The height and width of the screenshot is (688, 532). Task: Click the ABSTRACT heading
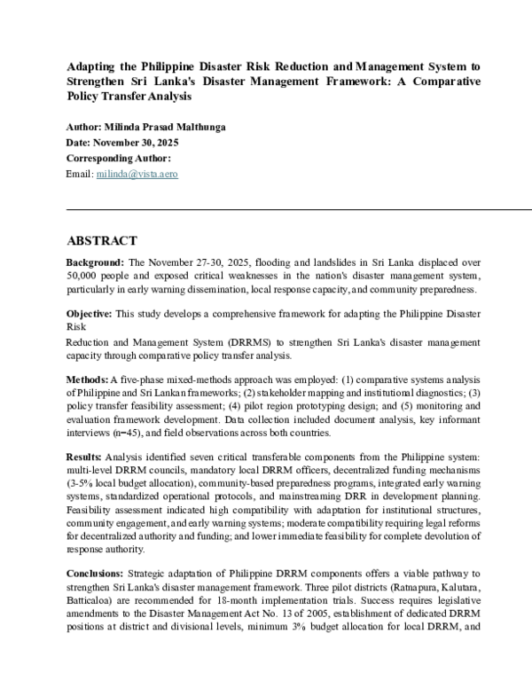[x=102, y=240]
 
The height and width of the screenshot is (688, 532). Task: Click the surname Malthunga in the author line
[x=199, y=127]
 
